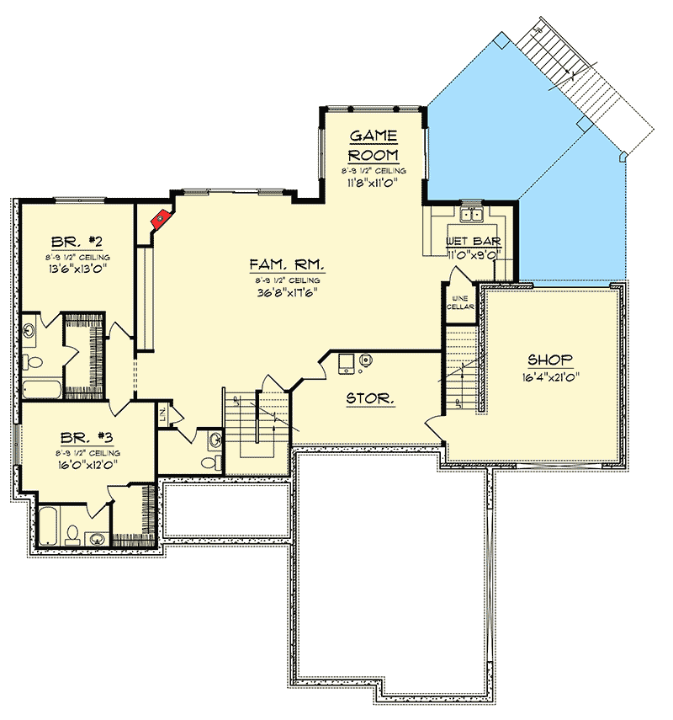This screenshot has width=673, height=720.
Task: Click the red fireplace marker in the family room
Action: (x=159, y=219)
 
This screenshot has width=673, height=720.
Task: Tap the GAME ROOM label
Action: (x=374, y=146)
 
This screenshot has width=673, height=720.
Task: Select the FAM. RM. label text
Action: (x=287, y=264)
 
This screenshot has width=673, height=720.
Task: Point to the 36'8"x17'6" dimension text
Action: (x=287, y=293)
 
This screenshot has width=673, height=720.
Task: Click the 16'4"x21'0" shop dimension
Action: (x=550, y=377)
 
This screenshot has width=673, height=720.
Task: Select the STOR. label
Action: (x=370, y=399)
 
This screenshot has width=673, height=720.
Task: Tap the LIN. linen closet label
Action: (x=164, y=414)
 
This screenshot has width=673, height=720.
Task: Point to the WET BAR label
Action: (x=473, y=243)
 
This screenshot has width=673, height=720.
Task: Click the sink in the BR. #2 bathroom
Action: (x=29, y=330)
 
